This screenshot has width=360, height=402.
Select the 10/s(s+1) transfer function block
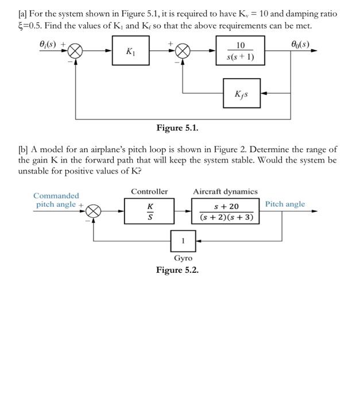tap(240, 51)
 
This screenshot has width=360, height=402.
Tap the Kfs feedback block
tap(242, 92)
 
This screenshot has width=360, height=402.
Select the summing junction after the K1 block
tap(183, 51)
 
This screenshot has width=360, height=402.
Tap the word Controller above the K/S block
tap(150, 191)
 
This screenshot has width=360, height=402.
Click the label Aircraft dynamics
tap(225, 191)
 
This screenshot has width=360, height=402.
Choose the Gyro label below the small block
tap(183, 258)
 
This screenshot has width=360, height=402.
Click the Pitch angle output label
tap(285, 204)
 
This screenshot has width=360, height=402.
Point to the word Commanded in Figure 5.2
tap(56, 196)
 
